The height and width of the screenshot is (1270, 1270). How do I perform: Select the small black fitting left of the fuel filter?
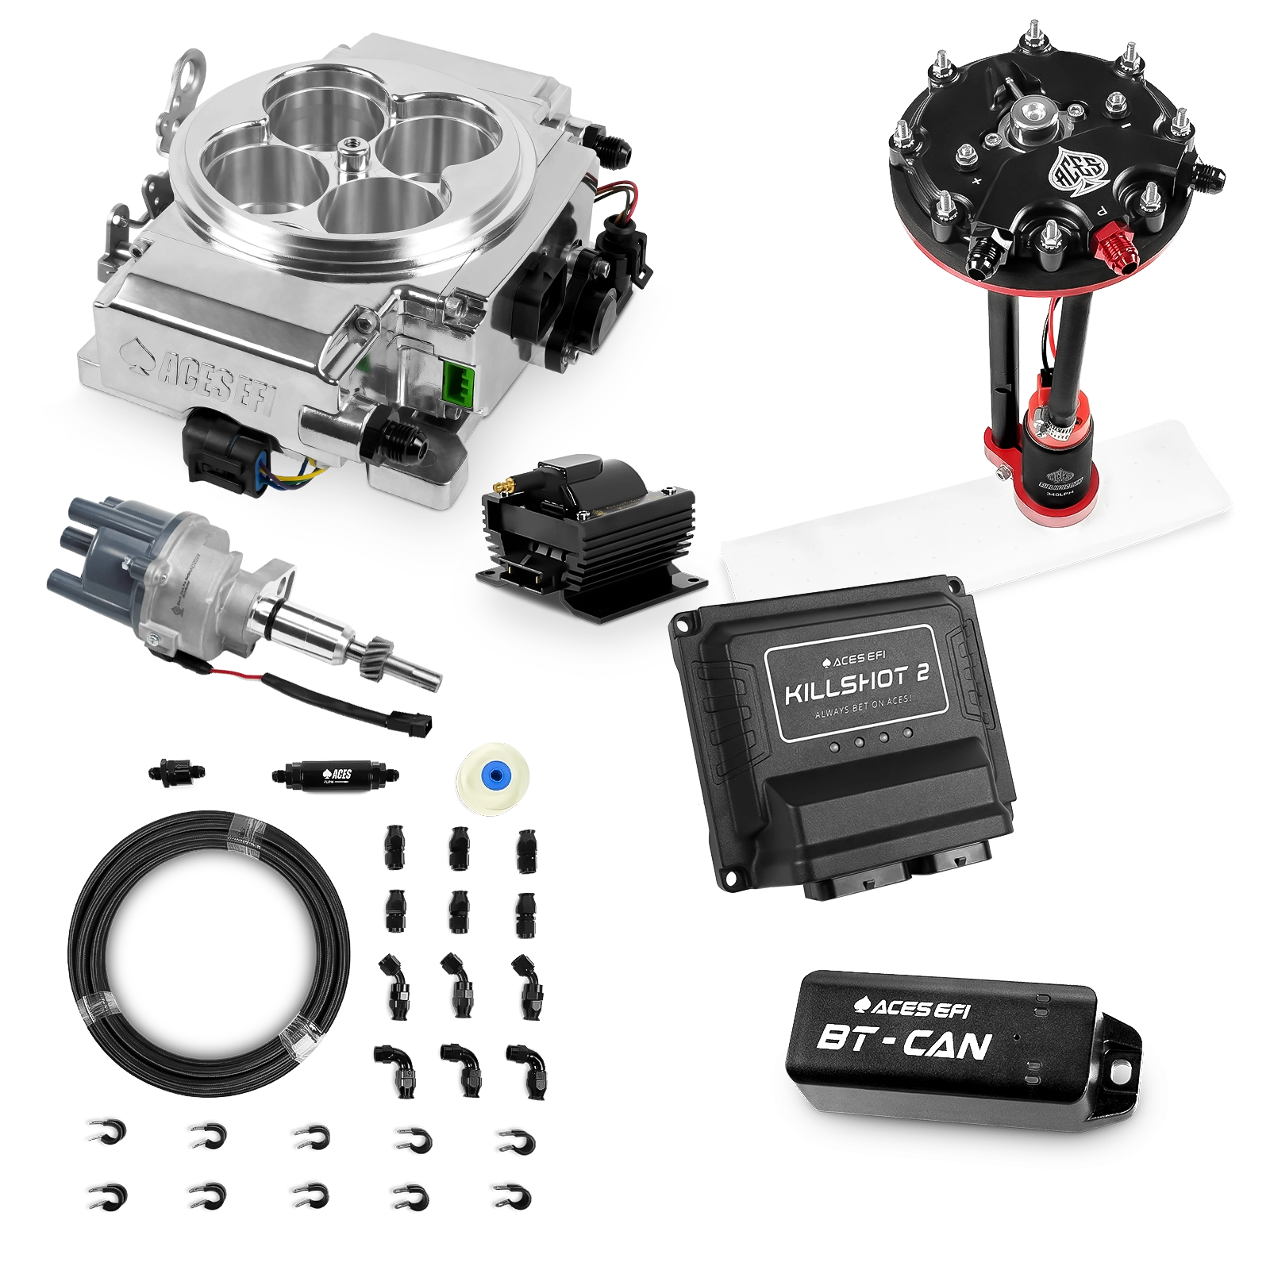pyautogui.click(x=175, y=770)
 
